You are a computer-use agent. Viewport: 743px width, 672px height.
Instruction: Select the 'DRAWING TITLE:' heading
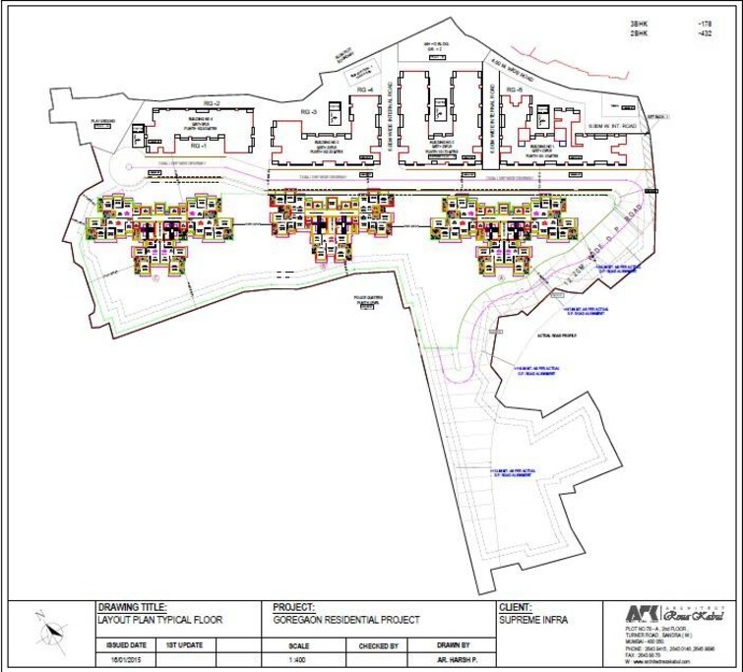point(132,608)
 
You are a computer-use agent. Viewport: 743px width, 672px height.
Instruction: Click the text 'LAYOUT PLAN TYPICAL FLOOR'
point(160,620)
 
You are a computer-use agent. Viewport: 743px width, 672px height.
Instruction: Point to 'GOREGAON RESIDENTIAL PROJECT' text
point(345,620)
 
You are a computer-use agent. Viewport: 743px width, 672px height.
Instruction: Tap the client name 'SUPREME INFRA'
point(532,620)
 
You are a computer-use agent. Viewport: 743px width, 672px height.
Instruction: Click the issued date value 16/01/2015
point(125,660)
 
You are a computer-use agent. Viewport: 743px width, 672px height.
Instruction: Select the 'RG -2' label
point(211,103)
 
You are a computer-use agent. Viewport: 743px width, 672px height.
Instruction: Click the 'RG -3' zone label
point(307,111)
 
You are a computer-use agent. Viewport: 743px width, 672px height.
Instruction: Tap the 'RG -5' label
point(513,91)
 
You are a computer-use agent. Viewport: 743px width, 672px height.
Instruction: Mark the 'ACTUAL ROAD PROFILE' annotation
point(557,336)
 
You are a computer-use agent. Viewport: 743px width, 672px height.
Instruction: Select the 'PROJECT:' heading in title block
point(293,608)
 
